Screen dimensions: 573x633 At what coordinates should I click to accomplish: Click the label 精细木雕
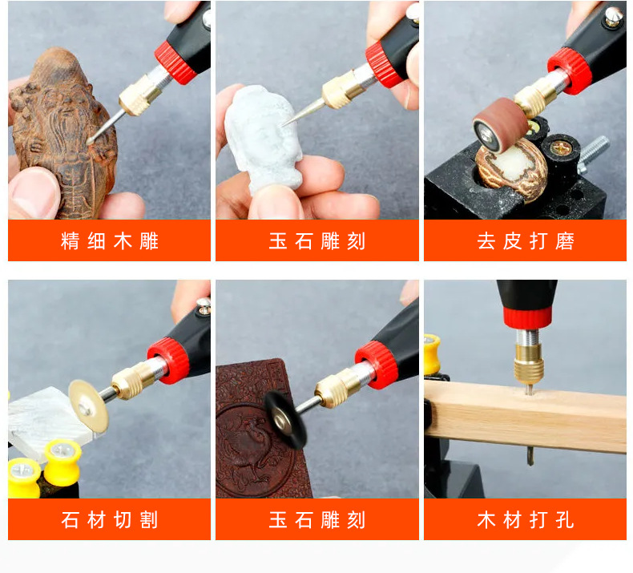click(x=110, y=241)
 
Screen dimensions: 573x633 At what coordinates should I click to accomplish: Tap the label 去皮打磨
click(x=525, y=241)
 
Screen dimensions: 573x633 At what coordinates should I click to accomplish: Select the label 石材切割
click(x=110, y=520)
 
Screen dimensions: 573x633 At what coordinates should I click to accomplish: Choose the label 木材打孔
click(x=525, y=520)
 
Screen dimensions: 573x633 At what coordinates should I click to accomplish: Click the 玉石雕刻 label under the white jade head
click(x=317, y=241)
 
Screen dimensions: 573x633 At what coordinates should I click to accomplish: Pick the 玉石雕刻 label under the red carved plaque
click(x=317, y=520)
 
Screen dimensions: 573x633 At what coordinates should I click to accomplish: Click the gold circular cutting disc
click(x=87, y=404)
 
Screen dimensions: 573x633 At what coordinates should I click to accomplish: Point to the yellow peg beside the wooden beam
click(x=432, y=353)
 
